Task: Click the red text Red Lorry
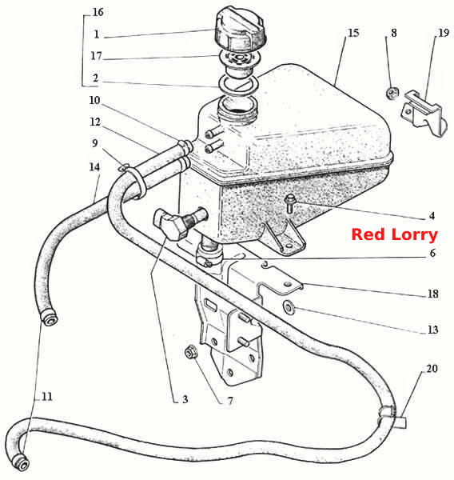pyautogui.click(x=395, y=234)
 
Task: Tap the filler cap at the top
pyautogui.click(x=240, y=30)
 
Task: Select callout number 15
pyautogui.click(x=353, y=33)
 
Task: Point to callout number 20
pyautogui.click(x=432, y=368)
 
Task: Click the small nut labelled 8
pyautogui.click(x=392, y=93)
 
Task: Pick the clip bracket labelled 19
pyautogui.click(x=424, y=113)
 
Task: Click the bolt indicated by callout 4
pyautogui.click(x=289, y=203)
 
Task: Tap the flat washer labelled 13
pyautogui.click(x=289, y=306)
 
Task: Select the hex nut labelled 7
pyautogui.click(x=192, y=352)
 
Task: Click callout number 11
pyautogui.click(x=46, y=397)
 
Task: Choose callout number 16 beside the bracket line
pyautogui.click(x=98, y=12)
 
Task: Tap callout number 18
pyautogui.click(x=433, y=294)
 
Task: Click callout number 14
pyautogui.click(x=94, y=167)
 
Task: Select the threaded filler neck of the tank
pyautogui.click(x=237, y=112)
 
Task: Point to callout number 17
pyautogui.click(x=96, y=56)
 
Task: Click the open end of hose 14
pyautogui.click(x=50, y=319)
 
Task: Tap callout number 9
pyautogui.click(x=95, y=143)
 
